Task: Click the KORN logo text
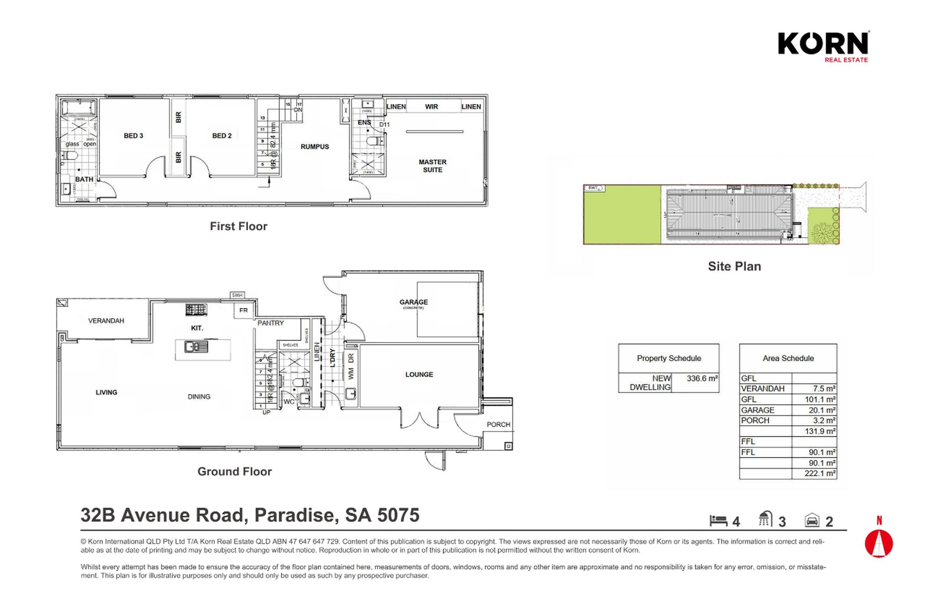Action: [823, 43]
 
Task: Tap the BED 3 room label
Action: [133, 136]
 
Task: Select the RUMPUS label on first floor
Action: [315, 147]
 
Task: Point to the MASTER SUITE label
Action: [432, 166]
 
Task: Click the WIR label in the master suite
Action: [431, 107]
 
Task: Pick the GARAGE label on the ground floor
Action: [414, 302]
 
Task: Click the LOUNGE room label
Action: [419, 375]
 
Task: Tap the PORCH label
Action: [498, 425]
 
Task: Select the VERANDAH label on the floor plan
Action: [106, 321]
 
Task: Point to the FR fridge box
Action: [243, 310]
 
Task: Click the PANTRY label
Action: [270, 323]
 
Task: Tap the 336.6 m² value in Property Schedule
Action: [701, 378]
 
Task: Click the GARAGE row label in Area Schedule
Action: [757, 410]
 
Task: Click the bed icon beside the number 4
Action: [718, 521]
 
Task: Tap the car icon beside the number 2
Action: [812, 521]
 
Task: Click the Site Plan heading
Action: [734, 266]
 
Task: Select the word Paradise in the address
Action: [294, 515]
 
